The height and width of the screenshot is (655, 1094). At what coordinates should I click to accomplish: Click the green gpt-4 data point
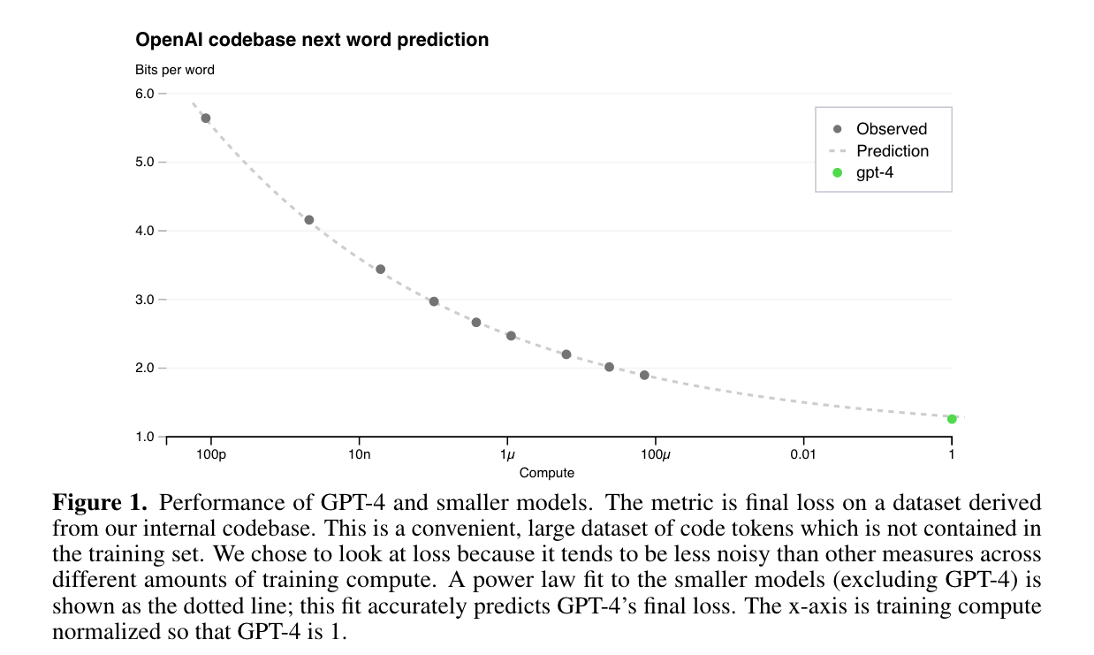point(952,419)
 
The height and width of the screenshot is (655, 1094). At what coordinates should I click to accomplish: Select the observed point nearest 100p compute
point(206,118)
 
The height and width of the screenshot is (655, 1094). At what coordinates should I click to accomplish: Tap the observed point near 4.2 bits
point(309,220)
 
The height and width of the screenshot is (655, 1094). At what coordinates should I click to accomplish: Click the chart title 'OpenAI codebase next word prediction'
point(312,40)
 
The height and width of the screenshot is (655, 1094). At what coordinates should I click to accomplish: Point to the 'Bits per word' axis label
point(175,70)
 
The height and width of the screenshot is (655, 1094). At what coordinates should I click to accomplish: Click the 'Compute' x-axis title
point(547,473)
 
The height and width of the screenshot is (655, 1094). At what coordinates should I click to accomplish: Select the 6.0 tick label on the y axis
point(145,94)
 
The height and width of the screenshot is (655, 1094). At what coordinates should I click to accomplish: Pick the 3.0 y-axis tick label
point(145,300)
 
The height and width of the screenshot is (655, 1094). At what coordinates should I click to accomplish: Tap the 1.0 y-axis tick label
point(145,437)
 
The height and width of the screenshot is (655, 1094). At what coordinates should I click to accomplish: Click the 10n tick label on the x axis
point(359,454)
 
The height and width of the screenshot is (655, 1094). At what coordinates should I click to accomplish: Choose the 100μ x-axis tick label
point(656,454)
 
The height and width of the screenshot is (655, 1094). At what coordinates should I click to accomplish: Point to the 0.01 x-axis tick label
point(803,454)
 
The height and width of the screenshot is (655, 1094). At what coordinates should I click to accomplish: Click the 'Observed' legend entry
point(892,129)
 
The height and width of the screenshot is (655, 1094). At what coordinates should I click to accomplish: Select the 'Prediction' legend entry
point(893,151)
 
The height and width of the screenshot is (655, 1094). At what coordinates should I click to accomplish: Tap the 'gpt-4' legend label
point(875,172)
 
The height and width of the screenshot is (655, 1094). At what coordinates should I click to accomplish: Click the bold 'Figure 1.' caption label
point(99,504)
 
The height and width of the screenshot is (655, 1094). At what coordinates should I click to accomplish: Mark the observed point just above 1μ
point(511,336)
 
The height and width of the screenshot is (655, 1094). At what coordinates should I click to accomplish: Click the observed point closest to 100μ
point(644,376)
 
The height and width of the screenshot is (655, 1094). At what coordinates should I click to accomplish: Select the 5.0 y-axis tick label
point(145,163)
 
